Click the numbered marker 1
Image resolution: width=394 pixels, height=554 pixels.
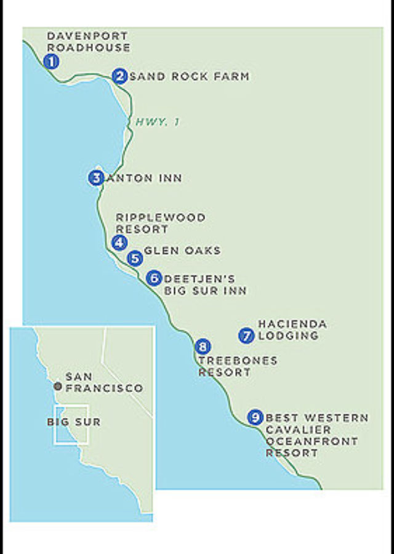[52, 61]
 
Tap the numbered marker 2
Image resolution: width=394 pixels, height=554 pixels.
[120, 76]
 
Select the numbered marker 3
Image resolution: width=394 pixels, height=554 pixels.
[96, 178]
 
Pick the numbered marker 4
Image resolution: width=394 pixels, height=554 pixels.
[119, 243]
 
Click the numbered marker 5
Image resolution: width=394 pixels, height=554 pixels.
[135, 259]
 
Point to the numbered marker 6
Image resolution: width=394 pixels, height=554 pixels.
[155, 278]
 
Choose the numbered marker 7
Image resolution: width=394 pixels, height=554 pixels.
[247, 335]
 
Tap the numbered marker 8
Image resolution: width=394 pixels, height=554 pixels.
[203, 347]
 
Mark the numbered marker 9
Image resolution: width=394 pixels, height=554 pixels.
[255, 417]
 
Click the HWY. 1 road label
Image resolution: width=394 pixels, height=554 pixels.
[158, 122]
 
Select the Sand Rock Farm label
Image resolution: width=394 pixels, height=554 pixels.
[190, 76]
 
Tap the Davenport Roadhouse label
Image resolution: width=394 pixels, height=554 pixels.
[89, 42]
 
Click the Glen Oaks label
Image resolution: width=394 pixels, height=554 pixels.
[182, 251]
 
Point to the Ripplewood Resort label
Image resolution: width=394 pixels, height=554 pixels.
[160, 223]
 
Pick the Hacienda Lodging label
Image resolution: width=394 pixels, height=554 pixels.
[292, 330]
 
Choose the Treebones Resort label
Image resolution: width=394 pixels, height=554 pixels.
[237, 366]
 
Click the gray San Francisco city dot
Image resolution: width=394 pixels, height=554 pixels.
[58, 386]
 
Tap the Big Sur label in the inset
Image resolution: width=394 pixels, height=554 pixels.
[73, 422]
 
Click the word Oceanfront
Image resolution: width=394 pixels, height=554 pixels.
[312, 441]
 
